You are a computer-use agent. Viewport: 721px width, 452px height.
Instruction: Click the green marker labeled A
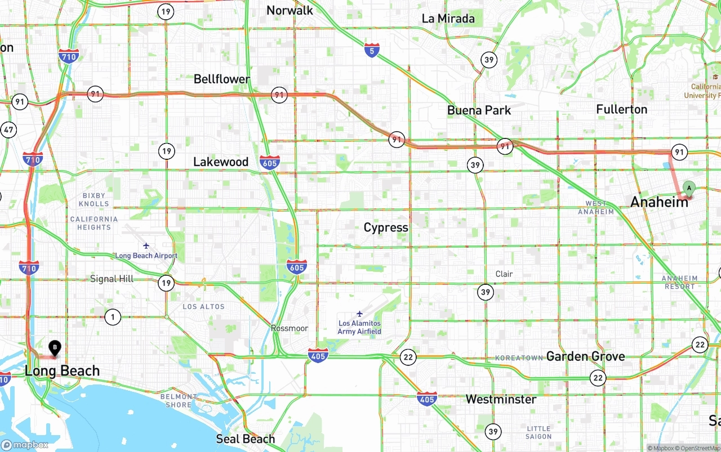pyautogui.click(x=689, y=189)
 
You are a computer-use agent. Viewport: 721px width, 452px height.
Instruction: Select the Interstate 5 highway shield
pyautogui.click(x=371, y=50)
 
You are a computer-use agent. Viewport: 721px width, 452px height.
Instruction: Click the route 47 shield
pyautogui.click(x=8, y=130)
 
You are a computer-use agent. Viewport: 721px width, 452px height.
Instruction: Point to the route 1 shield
pyautogui.click(x=113, y=317)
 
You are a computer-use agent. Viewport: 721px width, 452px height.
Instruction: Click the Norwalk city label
pyautogui.click(x=290, y=10)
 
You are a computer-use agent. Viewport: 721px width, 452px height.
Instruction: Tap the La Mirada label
pyautogui.click(x=448, y=19)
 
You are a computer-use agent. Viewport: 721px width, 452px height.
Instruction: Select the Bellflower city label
pyautogui.click(x=221, y=79)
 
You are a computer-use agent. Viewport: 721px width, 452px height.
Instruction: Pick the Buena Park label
pyautogui.click(x=479, y=110)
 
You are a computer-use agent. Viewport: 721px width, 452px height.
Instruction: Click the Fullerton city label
pyautogui.click(x=621, y=109)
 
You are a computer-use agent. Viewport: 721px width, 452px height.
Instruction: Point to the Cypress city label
pyautogui.click(x=386, y=227)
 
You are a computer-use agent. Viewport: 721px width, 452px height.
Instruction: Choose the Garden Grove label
pyautogui.click(x=585, y=356)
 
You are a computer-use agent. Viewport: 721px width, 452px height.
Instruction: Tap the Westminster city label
pyautogui.click(x=501, y=399)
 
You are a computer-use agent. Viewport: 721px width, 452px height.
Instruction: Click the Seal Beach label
pyautogui.click(x=246, y=438)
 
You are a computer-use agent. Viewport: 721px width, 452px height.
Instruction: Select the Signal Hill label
pyautogui.click(x=112, y=279)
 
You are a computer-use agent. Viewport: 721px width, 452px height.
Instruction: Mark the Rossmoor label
pyautogui.click(x=290, y=328)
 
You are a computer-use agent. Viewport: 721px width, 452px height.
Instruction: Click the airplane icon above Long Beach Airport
pyautogui.click(x=146, y=246)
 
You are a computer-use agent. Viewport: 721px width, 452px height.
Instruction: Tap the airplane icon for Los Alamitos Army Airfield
pyautogui.click(x=359, y=314)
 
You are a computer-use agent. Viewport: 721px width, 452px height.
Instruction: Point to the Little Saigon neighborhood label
pyautogui.click(x=538, y=432)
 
